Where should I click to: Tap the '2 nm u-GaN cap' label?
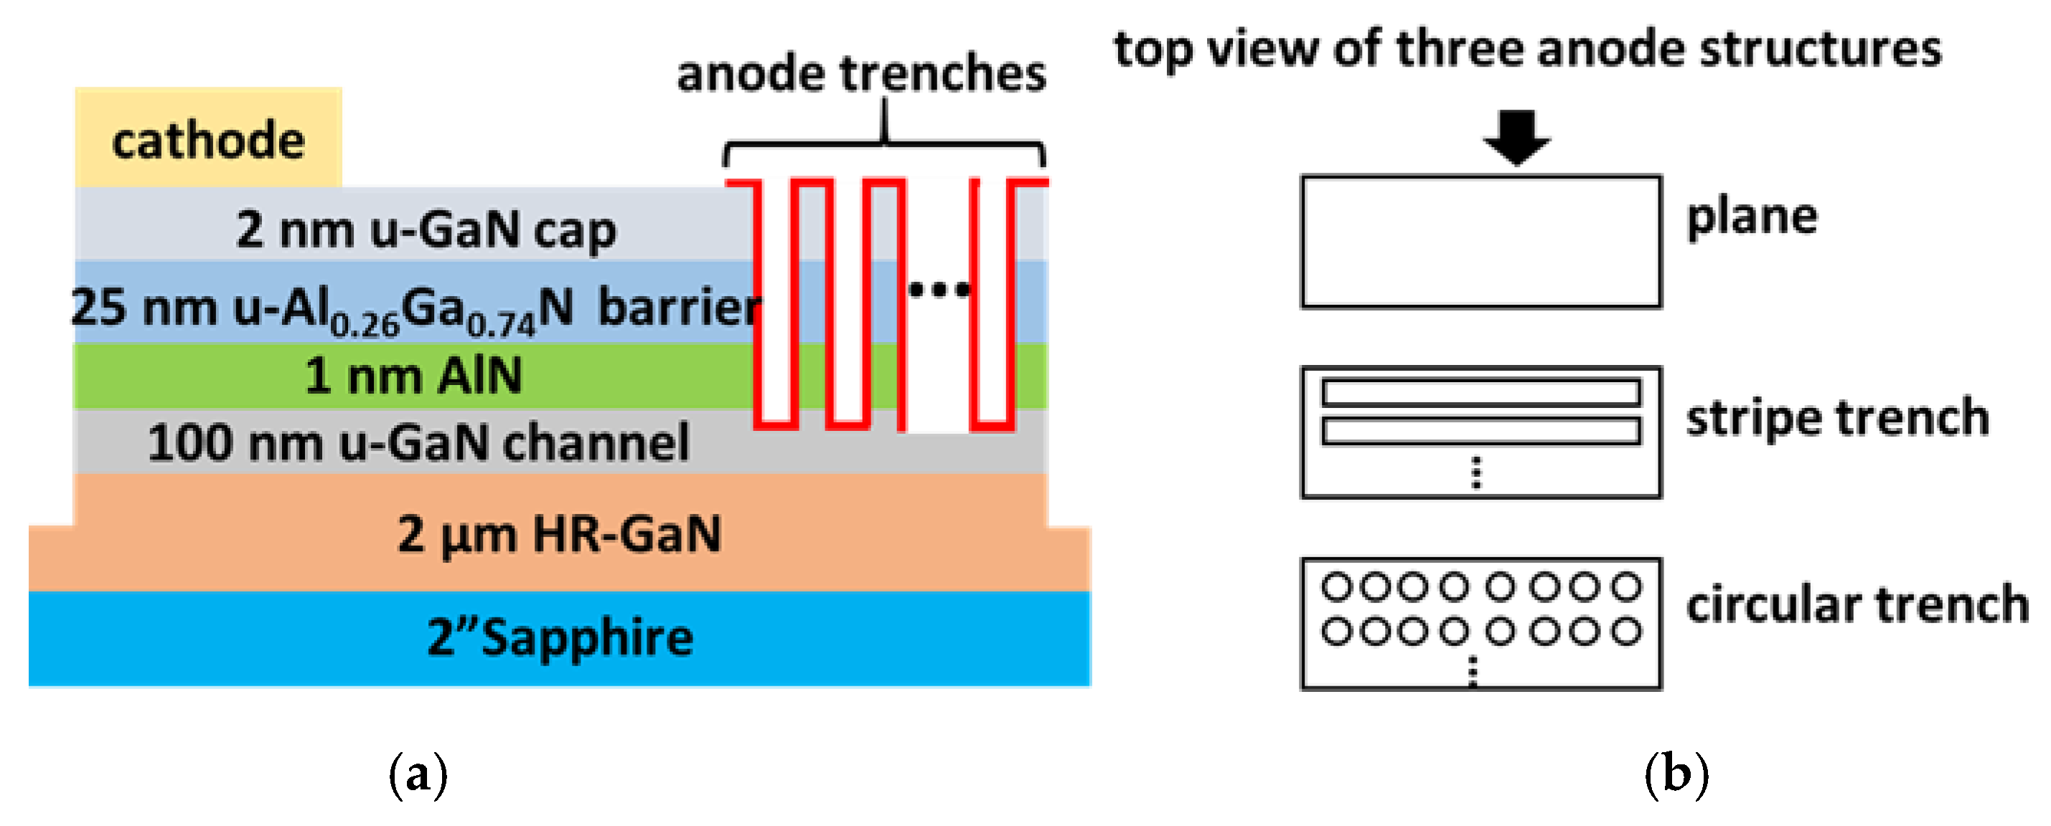pos(426,229)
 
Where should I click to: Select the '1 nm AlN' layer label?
pos(414,376)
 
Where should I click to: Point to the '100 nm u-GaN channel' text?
pos(418,442)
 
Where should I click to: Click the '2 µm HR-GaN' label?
pos(559,533)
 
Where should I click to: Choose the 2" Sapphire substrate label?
pos(560,637)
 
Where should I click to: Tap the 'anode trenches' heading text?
pos(860,74)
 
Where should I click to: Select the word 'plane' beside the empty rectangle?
pos(1752,217)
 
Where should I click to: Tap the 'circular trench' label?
pos(1857,604)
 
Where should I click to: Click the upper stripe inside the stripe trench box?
pos(1481,392)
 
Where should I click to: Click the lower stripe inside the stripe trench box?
pos(1481,430)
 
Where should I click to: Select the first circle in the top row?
pos(1336,587)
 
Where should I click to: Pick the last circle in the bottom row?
pos(1626,632)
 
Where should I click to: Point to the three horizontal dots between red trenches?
pos(939,290)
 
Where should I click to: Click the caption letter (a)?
pos(418,774)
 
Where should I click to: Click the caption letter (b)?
pos(1676,774)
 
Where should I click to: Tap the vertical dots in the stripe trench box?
pos(1477,473)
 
